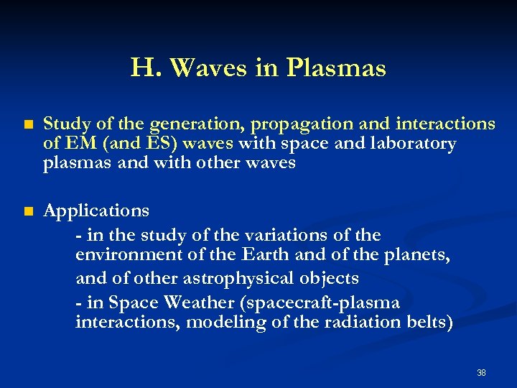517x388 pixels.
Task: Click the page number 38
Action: coord(481,373)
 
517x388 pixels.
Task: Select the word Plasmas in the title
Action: coord(336,68)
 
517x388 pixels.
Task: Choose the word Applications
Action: coord(96,211)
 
